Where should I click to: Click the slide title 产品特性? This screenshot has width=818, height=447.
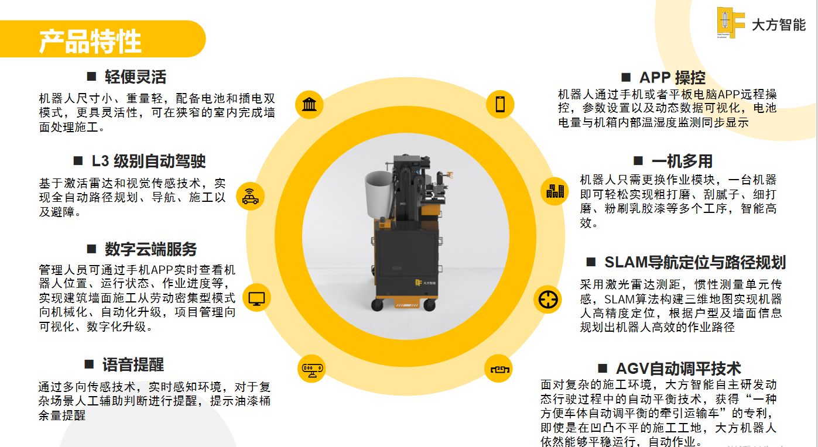point(90,42)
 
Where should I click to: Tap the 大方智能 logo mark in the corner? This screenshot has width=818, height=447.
point(730,23)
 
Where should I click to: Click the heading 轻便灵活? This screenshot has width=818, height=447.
point(135,77)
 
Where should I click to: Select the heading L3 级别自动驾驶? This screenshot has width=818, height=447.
point(149,161)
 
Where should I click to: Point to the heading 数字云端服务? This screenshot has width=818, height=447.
point(151,249)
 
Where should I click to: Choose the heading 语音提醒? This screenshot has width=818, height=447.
point(133,365)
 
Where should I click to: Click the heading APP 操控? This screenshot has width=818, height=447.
point(672,78)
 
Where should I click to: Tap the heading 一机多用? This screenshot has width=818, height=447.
point(682,161)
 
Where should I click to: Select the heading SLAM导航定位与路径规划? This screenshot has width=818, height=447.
point(695,262)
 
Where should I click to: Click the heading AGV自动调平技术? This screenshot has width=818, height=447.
point(678,369)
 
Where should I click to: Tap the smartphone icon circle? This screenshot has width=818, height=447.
point(500,104)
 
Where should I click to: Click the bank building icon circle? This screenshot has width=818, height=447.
point(309,104)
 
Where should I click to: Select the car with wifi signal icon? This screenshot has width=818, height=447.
point(250,197)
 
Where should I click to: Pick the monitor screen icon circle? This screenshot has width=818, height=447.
point(256,298)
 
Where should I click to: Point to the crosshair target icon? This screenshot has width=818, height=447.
point(547,300)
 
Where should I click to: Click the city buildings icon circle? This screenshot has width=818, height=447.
point(555,191)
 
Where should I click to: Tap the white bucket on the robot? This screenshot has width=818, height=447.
point(380,194)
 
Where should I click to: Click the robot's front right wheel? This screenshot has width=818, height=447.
point(430,305)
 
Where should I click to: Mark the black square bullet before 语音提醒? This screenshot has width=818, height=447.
point(89,364)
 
